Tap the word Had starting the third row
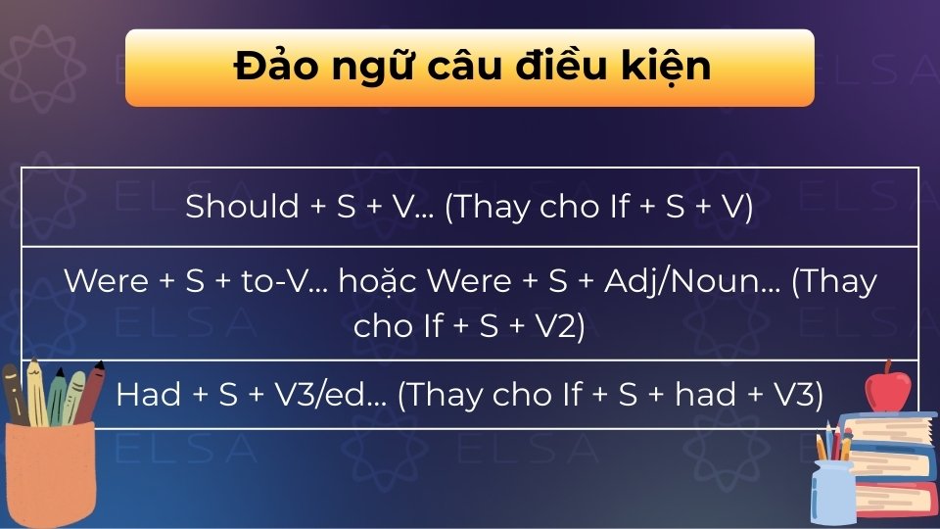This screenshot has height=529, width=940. pos(147,394)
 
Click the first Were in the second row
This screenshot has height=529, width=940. pos(105,281)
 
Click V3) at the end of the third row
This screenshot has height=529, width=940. pos(796,394)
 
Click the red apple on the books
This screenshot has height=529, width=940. pos(888,389)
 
